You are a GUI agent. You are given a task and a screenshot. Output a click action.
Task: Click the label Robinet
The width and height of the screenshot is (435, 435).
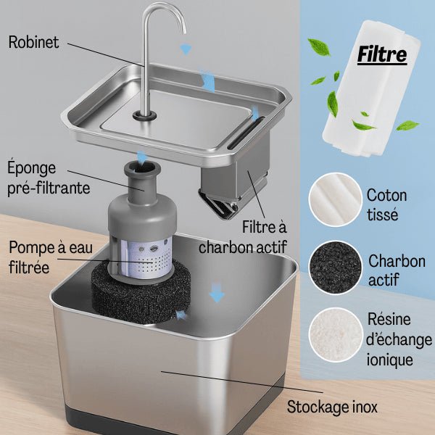(33, 42)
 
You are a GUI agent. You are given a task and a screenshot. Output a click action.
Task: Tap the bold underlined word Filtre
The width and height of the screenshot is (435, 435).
(382, 54)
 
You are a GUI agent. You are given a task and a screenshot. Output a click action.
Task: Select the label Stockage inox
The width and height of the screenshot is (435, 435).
(332, 407)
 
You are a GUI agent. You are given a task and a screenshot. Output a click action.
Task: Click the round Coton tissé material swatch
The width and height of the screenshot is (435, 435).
(335, 199)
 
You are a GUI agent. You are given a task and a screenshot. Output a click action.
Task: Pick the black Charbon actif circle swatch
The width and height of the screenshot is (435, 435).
(336, 267)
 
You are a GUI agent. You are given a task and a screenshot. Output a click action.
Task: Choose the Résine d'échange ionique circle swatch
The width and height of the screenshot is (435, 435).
(336, 335)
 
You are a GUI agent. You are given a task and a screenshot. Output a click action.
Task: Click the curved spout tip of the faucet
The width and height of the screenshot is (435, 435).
(183, 30)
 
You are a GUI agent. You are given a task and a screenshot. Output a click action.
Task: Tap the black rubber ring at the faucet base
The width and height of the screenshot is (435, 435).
(144, 115)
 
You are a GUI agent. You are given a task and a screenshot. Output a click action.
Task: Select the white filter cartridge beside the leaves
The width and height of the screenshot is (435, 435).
(371, 88)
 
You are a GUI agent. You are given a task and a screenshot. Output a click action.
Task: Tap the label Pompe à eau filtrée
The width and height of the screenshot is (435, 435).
(51, 257)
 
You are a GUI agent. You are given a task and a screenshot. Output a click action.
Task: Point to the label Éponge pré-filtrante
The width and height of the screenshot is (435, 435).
(49, 178)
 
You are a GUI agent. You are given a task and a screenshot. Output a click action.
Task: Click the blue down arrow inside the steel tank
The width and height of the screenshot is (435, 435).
(217, 293)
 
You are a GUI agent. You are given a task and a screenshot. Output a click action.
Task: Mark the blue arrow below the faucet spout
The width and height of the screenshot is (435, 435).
(186, 49)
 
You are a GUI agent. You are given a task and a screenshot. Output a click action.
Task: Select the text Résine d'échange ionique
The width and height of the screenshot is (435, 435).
(399, 339)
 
